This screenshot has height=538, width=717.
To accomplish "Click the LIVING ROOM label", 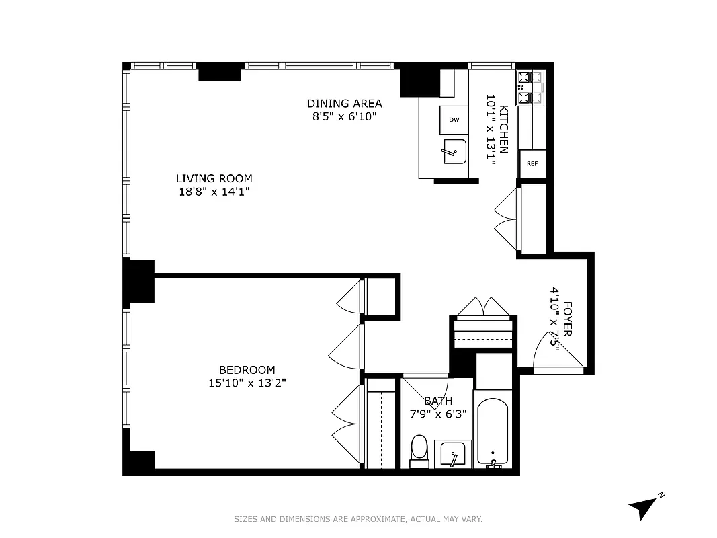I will (x=214, y=178).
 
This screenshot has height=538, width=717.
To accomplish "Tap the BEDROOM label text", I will (x=247, y=369).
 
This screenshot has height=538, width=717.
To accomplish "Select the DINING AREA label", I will (x=344, y=103).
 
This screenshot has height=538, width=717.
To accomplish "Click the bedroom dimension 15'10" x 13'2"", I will (x=247, y=383).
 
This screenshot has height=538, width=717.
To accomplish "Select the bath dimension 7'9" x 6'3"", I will (x=437, y=414).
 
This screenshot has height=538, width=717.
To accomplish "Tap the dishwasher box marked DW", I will (x=454, y=120).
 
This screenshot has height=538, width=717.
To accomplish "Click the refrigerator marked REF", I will (x=532, y=163).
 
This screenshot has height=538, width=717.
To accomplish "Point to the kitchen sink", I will (x=453, y=151).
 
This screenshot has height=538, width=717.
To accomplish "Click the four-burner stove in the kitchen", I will (x=530, y=87).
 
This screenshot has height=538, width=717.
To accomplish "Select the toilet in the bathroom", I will (x=419, y=450).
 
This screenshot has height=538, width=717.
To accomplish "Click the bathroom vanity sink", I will (x=452, y=455).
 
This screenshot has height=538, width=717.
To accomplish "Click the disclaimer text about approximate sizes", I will (x=358, y=519).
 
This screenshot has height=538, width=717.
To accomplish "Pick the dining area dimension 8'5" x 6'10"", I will (x=344, y=116).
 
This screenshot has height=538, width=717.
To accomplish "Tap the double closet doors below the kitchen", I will (x=507, y=219).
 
